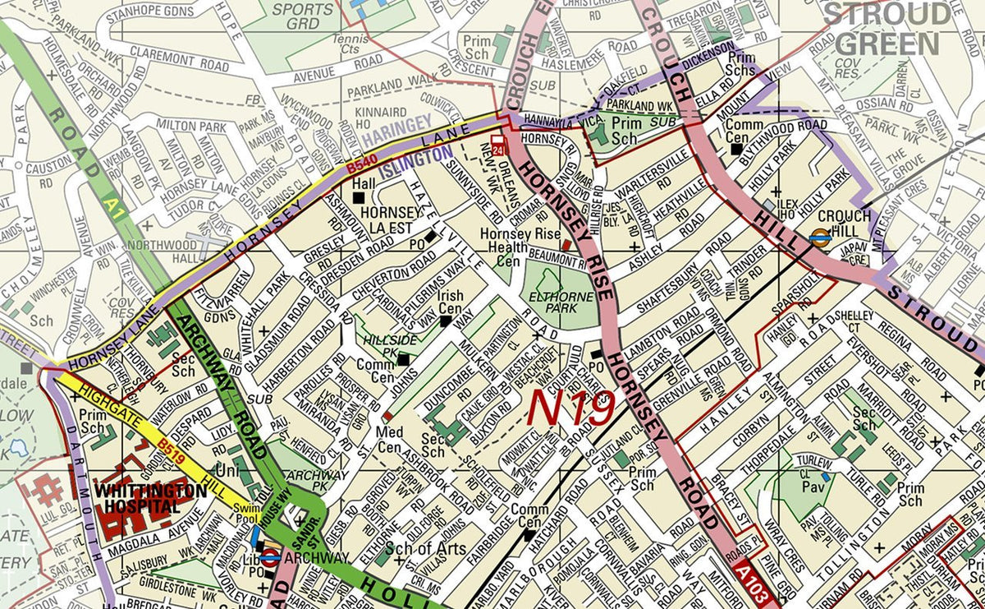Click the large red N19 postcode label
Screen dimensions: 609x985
point(571,407)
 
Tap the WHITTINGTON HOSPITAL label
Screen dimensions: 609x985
point(150,497)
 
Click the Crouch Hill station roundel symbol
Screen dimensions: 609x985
point(818,236)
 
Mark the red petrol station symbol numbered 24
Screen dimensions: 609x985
point(497,142)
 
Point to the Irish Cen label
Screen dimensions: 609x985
point(450,302)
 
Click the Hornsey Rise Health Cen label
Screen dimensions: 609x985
point(513,246)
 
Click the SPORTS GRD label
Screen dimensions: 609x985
point(303,16)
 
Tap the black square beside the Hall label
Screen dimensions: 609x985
point(359,198)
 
